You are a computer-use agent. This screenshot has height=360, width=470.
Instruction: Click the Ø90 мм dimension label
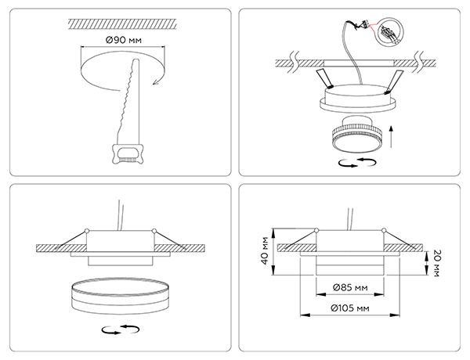click(123, 40)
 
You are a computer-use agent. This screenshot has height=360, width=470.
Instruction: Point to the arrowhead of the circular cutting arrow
click(155, 81)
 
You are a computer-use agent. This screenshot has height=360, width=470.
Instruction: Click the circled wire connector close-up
click(389, 32)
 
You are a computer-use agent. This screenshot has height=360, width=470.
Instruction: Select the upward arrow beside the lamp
click(391, 137)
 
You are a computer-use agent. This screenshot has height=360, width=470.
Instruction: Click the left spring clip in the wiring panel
click(324, 79)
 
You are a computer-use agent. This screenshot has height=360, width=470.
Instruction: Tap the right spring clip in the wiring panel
click(394, 83)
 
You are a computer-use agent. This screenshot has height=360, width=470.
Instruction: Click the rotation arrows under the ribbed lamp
click(357, 163)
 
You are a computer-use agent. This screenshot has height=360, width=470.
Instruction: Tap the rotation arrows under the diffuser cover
click(121, 329)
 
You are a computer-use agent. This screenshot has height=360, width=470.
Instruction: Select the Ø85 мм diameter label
click(350, 288)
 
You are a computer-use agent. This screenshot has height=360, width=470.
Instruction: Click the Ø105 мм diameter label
click(350, 308)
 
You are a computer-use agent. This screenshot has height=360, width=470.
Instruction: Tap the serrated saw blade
click(129, 101)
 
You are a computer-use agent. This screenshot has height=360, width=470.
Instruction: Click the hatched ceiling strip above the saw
click(122, 24)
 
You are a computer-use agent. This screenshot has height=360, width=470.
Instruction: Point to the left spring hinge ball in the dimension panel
click(316, 230)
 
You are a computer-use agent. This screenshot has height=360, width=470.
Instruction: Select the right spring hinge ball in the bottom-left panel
click(154, 231)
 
